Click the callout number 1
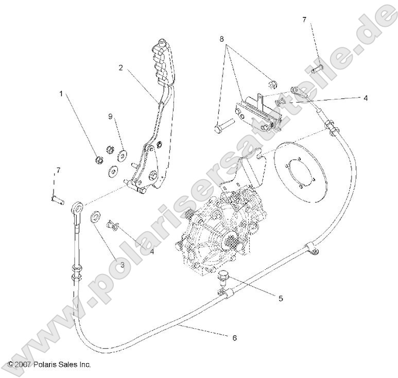click(61, 94)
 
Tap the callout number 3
click(122, 265)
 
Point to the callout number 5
click(280, 298)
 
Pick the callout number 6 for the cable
click(235, 338)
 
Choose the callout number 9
click(110, 116)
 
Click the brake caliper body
click(256, 112)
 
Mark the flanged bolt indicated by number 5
click(223, 277)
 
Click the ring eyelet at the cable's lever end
click(79, 207)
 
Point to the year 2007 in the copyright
click(24, 365)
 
